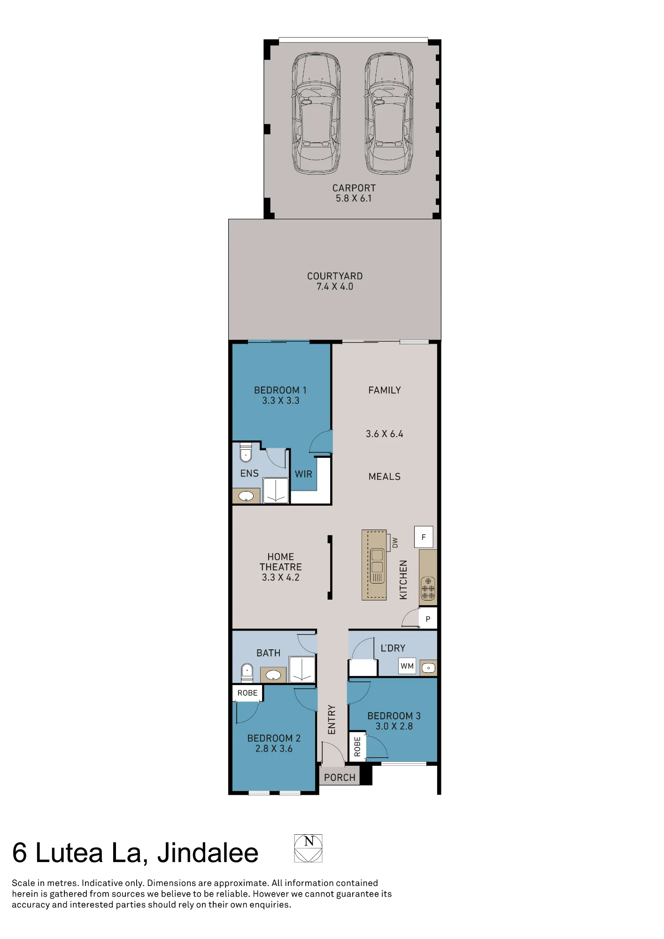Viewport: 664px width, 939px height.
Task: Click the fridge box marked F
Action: pos(424,537)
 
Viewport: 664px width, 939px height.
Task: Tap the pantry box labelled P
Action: pos(428,619)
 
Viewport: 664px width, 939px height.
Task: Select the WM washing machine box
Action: pos(407,666)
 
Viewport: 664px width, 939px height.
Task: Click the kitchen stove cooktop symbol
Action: pos(428,588)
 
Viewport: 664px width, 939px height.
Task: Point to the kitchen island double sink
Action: pos(377,566)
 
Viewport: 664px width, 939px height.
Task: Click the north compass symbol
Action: pos(308,848)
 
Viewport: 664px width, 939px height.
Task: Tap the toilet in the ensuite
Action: pos(246,452)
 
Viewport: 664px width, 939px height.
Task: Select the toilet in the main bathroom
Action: pos(247,672)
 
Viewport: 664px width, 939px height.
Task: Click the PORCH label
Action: pos(340,777)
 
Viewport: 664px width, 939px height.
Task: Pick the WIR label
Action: pos(303,474)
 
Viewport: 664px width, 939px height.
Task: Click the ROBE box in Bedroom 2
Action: pos(247,693)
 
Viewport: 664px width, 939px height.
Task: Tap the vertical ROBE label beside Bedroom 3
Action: pos(357,747)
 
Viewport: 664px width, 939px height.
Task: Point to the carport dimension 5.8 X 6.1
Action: pos(354,199)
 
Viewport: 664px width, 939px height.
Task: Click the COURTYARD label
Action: pos(335,276)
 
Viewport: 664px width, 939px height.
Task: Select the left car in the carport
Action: pos(316,114)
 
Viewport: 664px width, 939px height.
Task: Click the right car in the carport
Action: pos(389,114)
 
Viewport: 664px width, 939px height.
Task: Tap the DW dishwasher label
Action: pos(395,543)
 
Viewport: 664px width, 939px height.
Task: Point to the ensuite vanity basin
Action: pos(246,496)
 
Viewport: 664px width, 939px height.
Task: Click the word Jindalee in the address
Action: pos(208,853)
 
